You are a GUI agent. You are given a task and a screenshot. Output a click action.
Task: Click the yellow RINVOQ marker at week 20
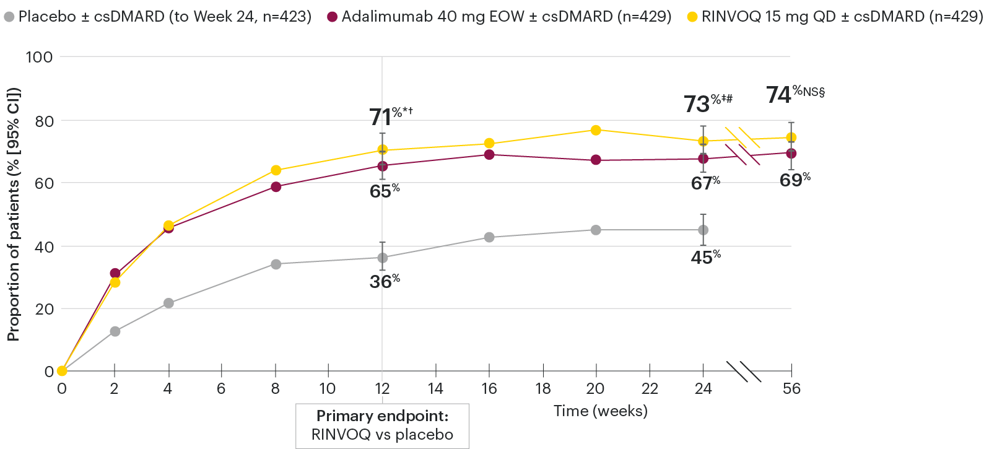click(596, 130)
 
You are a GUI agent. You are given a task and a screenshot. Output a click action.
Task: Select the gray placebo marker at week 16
click(489, 237)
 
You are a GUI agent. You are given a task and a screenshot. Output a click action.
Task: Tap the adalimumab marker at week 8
click(276, 187)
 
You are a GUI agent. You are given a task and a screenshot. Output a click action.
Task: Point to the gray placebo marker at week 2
click(115, 331)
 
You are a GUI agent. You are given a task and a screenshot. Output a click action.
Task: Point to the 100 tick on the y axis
click(39, 57)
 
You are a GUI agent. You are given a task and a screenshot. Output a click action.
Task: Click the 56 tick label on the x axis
click(791, 389)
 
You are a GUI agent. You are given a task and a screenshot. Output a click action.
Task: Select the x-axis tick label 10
click(328, 389)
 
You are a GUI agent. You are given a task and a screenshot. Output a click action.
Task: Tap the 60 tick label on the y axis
click(44, 183)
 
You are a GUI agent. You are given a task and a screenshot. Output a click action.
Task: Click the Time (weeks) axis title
click(600, 411)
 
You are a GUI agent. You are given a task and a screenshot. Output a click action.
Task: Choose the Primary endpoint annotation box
click(382, 425)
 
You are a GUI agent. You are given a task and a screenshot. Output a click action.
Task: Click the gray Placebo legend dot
click(9, 17)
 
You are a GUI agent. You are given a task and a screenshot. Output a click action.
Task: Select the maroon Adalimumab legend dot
click(332, 17)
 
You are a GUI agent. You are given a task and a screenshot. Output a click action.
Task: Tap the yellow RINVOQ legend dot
click(692, 17)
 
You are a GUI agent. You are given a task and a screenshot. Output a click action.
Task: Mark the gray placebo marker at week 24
click(703, 230)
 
